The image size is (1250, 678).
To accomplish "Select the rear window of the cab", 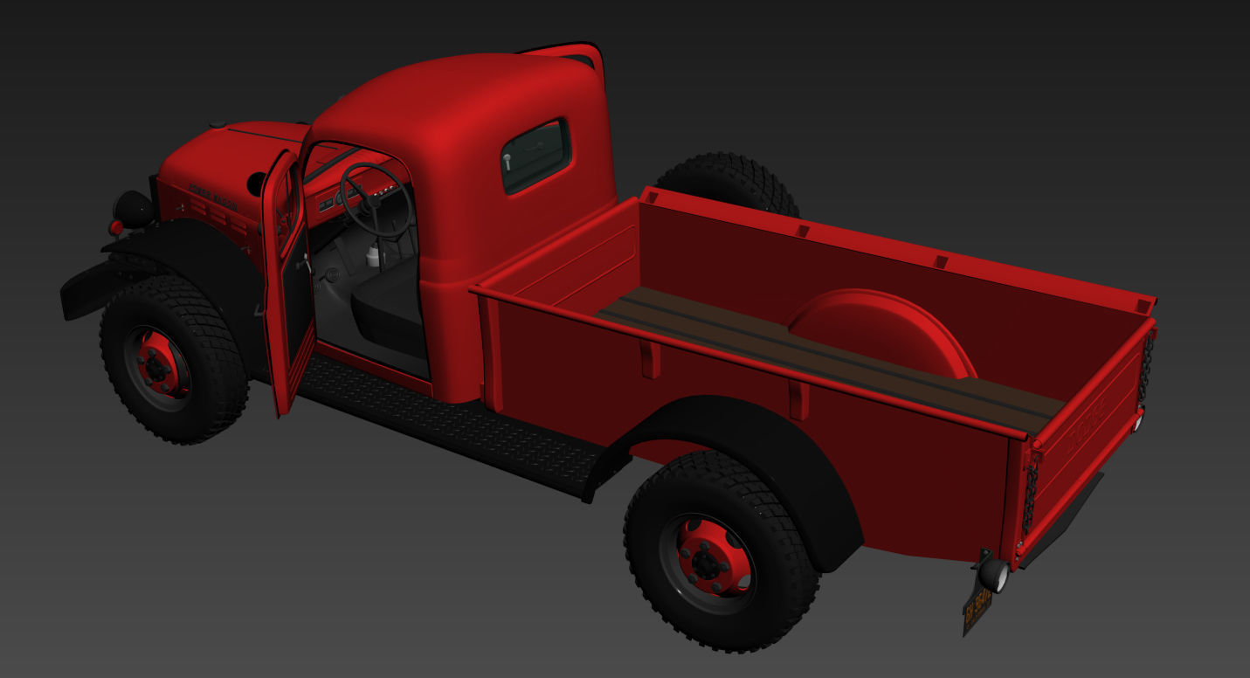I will (x=536, y=156).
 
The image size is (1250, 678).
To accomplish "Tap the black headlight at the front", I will (x=134, y=210).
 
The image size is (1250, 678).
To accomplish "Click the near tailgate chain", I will (x=1029, y=498).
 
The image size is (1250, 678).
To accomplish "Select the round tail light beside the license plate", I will (x=993, y=575).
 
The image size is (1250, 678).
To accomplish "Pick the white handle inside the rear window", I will (x=507, y=163).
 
